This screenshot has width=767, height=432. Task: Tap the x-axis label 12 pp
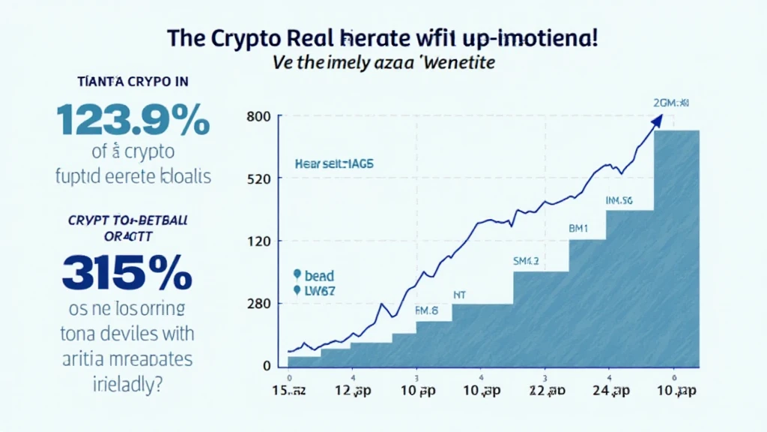tap(352, 392)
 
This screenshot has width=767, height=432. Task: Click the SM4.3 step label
tap(526, 262)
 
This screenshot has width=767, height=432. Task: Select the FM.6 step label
tap(426, 309)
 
